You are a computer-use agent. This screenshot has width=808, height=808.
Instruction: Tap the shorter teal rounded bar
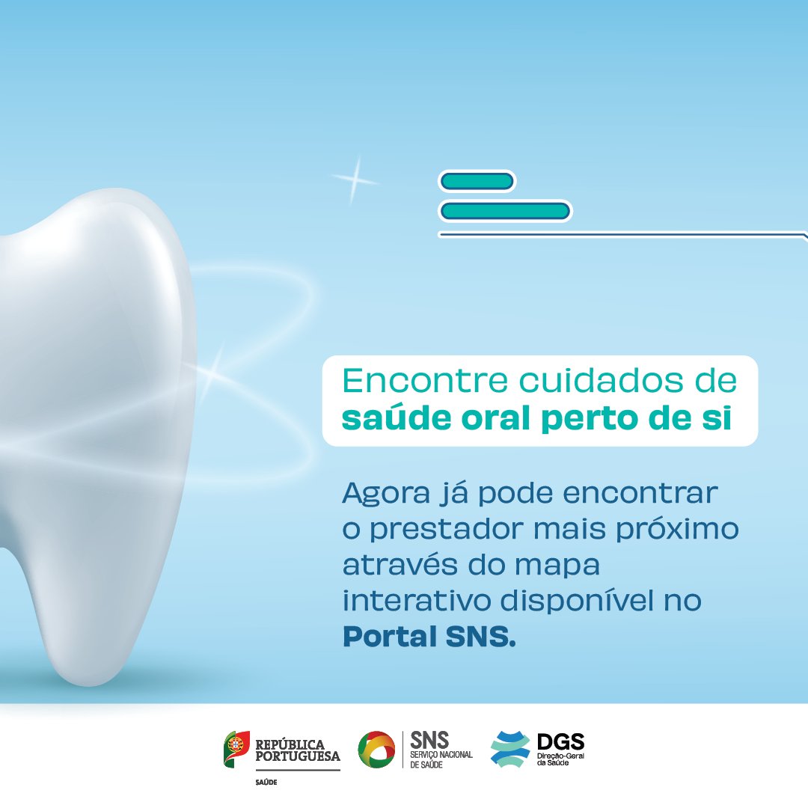pos(477,181)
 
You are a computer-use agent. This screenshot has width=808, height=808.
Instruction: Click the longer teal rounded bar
pos(505,212)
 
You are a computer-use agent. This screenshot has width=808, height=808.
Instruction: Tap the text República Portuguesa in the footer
pos(297,750)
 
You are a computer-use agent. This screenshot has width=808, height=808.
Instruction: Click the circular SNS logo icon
pos(376,750)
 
